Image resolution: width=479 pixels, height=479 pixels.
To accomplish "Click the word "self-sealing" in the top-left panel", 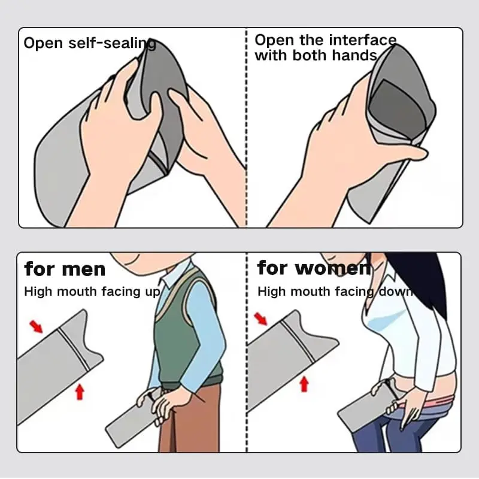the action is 112,43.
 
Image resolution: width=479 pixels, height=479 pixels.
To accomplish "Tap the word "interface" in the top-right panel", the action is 363,40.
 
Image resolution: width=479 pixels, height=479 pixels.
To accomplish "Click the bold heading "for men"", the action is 65,269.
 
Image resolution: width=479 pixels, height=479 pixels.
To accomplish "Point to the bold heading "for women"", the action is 314,268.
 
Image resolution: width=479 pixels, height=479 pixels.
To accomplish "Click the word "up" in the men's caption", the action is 153,292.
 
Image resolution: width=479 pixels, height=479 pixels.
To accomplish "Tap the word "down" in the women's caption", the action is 396,292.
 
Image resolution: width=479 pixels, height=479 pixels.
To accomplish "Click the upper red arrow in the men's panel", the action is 36,326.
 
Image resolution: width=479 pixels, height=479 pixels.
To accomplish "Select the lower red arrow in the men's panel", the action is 80,392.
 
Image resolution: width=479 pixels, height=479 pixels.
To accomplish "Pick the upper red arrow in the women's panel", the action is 260,319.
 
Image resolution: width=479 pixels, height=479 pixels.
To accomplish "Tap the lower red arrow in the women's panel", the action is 304,384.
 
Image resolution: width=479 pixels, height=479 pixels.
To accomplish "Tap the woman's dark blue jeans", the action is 397,433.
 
